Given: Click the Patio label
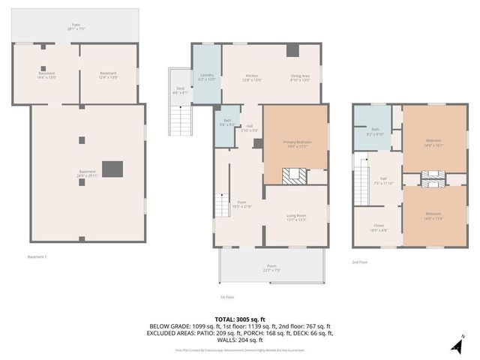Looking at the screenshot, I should tap(76, 26).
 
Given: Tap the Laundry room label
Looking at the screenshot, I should tap(207, 76).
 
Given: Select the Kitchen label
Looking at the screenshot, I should tap(253, 76).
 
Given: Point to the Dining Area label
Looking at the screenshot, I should tap(301, 76).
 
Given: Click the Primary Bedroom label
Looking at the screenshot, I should tap(295, 145).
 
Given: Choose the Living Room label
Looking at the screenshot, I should tap(295, 218).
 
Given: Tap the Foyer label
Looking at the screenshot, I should tap(242, 204).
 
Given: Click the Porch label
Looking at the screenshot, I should tap(271, 266).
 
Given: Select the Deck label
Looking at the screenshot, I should tap(181, 91).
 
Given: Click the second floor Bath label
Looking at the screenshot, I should tap(374, 133).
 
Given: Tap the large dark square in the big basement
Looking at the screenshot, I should tap(112, 169).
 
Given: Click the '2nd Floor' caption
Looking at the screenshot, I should tap(361, 262).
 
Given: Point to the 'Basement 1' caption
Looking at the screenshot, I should tap(37, 256).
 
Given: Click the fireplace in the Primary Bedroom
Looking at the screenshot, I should tap(294, 175).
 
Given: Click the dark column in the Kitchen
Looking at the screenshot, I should tap(292, 51).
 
